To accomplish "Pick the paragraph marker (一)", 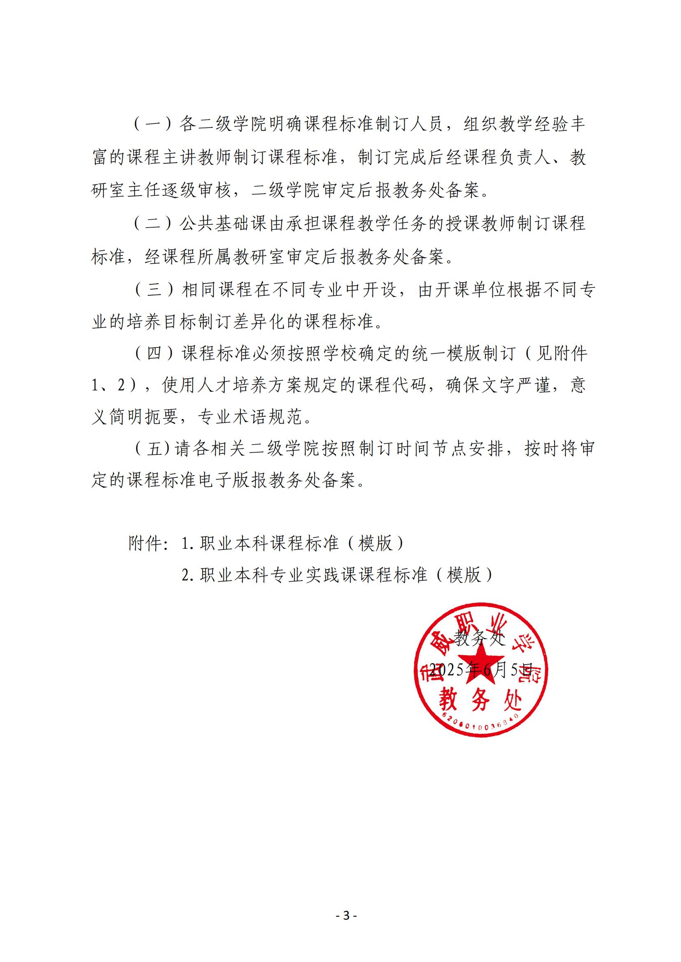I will (x=153, y=125).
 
